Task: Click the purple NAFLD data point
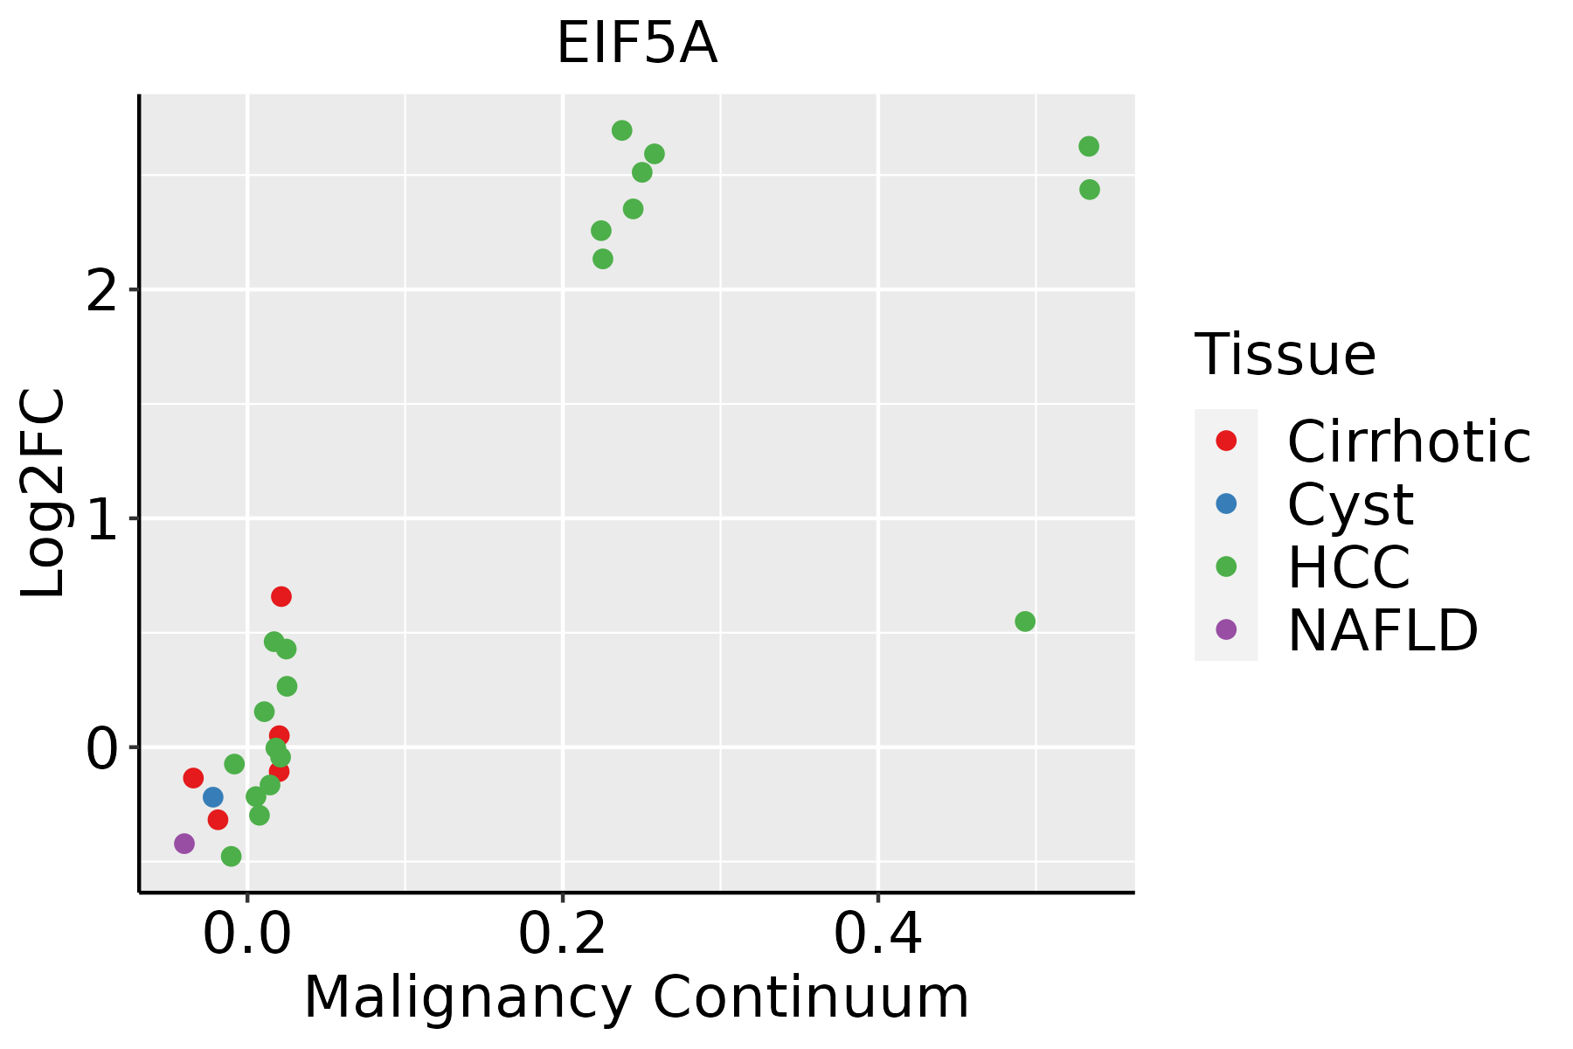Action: point(184,844)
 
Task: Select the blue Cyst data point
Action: point(213,797)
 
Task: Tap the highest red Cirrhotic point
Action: point(281,597)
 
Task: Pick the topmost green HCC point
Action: point(622,131)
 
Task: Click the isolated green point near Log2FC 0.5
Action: point(1025,622)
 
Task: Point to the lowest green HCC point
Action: point(232,856)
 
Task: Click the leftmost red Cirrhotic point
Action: point(194,778)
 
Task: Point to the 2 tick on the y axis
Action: point(102,292)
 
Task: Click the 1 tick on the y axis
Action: point(102,521)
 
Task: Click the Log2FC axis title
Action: point(44,493)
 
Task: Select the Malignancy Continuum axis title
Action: point(636,998)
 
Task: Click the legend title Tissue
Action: point(1285,355)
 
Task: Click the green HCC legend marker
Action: point(1226,566)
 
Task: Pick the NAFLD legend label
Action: point(1382,630)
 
